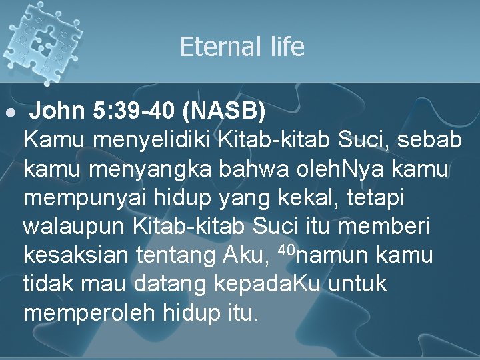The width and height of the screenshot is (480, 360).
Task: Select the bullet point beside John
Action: tap(9, 114)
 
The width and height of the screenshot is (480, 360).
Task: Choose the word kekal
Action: tap(287, 197)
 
